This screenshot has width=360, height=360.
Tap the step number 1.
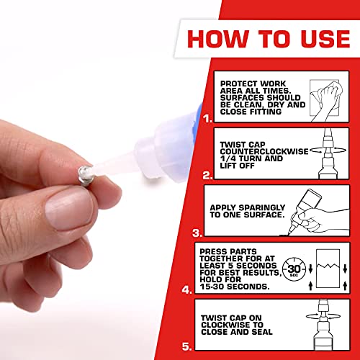click(187, 114)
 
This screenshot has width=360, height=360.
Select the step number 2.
click(187, 174)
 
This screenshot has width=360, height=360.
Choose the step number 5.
click(187, 347)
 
